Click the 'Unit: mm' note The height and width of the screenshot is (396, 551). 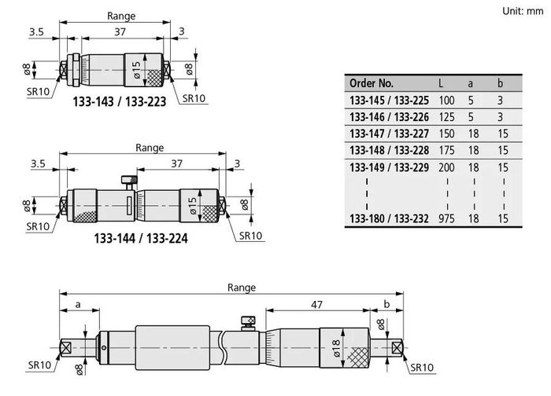pos(523,11)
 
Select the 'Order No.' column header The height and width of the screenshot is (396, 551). pos(371,83)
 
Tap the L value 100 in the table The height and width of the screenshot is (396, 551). pos(446,101)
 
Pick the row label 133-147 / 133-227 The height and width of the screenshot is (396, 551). pos(389,134)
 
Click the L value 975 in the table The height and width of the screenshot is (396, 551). pos(446,218)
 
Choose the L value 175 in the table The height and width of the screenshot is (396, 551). pos(446,150)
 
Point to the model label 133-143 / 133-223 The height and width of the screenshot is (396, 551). pos(119,101)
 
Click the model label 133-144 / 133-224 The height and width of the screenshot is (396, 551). pos(141,239)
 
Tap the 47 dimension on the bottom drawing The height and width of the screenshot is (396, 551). pos(316,304)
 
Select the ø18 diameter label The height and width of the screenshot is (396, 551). pos(335,348)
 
